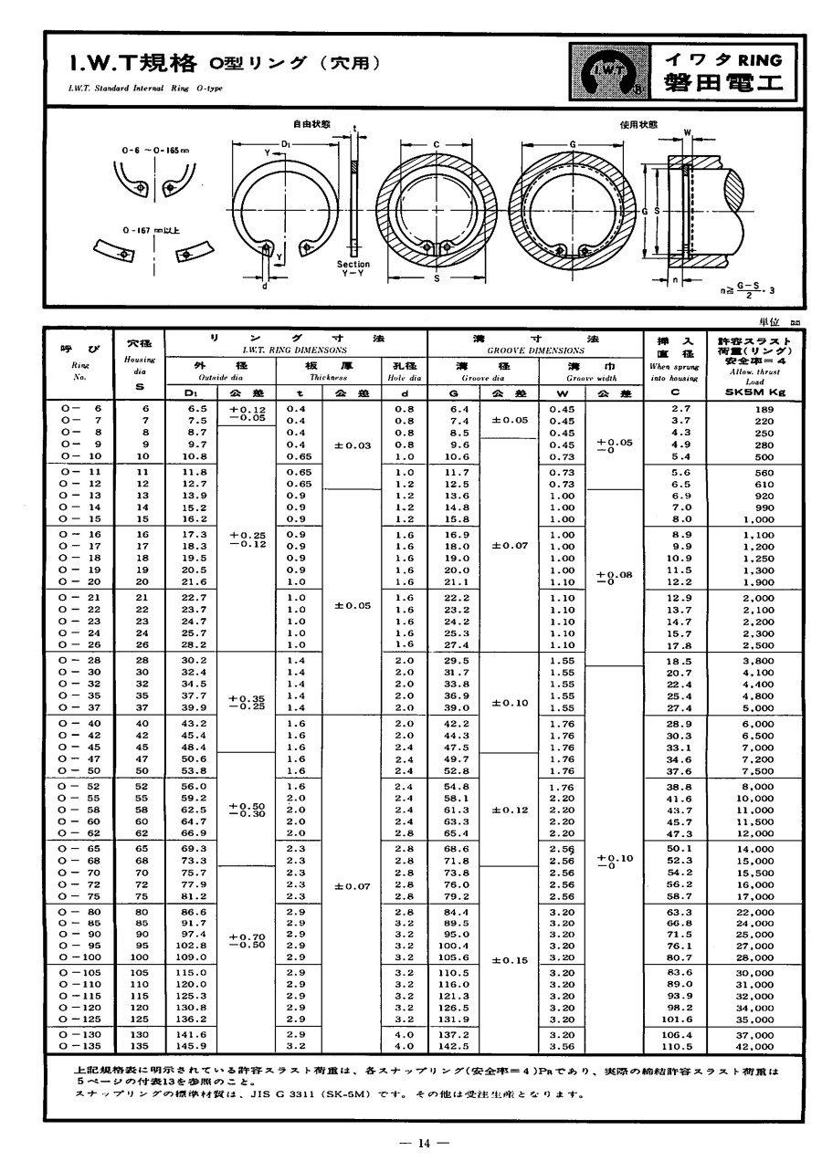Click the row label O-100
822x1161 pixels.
pyautogui.click(x=79, y=957)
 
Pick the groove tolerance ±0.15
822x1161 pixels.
pyautogui.click(x=511, y=960)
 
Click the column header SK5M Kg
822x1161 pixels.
pyautogui.click(x=753, y=392)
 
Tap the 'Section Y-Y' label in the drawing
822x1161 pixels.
pyautogui.click(x=352, y=268)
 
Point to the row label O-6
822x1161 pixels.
pyautogui.click(x=79, y=408)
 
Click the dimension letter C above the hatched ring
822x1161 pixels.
pyautogui.click(x=437, y=143)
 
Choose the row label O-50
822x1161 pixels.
pyautogui.click(x=79, y=770)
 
